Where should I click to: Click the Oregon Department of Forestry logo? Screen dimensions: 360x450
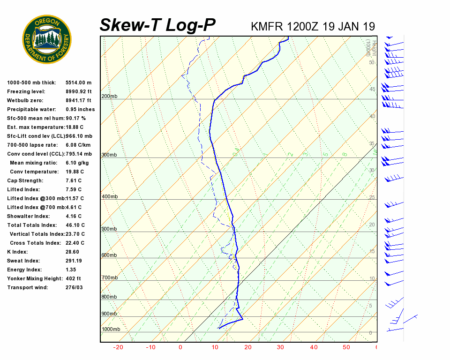point(46,39)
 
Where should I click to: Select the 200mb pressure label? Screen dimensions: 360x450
point(109,96)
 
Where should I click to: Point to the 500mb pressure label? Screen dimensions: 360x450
point(109,229)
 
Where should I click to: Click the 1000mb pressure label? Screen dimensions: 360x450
point(111,329)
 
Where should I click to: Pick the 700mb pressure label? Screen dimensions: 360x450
point(109,277)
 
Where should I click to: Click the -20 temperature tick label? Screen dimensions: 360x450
point(118,347)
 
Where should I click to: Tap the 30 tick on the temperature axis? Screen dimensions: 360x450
point(280,347)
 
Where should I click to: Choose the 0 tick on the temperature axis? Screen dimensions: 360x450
point(180,347)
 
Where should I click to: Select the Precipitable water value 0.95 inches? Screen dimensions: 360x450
point(80,109)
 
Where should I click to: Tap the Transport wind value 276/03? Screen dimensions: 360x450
point(74,287)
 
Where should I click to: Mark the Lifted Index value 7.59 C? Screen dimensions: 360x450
point(74,189)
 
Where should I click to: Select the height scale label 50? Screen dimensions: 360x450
point(372,62)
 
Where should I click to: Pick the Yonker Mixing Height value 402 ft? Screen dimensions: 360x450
point(74,278)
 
